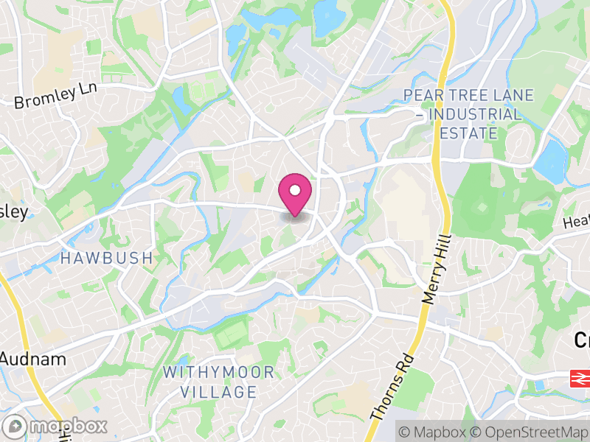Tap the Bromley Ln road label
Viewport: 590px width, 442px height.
[56, 96]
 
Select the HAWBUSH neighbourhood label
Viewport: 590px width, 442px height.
[106, 259]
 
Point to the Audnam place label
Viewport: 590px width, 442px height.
[33, 360]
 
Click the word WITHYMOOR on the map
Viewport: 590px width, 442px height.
[218, 372]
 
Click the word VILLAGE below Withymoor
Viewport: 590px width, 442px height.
[219, 392]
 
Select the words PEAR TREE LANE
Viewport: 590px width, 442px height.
[462, 96]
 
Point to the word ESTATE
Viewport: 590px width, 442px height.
[468, 133]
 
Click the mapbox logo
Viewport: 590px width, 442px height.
[55, 427]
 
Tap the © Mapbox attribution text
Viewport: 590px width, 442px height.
[431, 431]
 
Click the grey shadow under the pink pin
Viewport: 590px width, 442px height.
[295, 216]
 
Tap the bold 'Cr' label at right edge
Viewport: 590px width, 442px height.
[582, 340]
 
